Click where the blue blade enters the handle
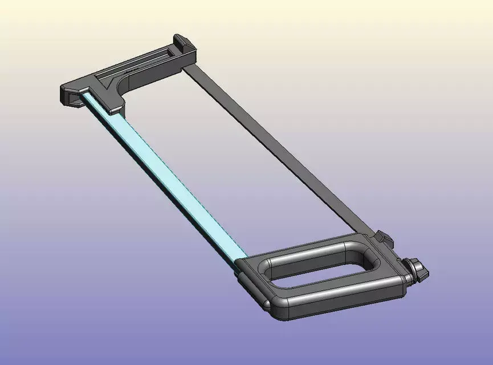243,261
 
